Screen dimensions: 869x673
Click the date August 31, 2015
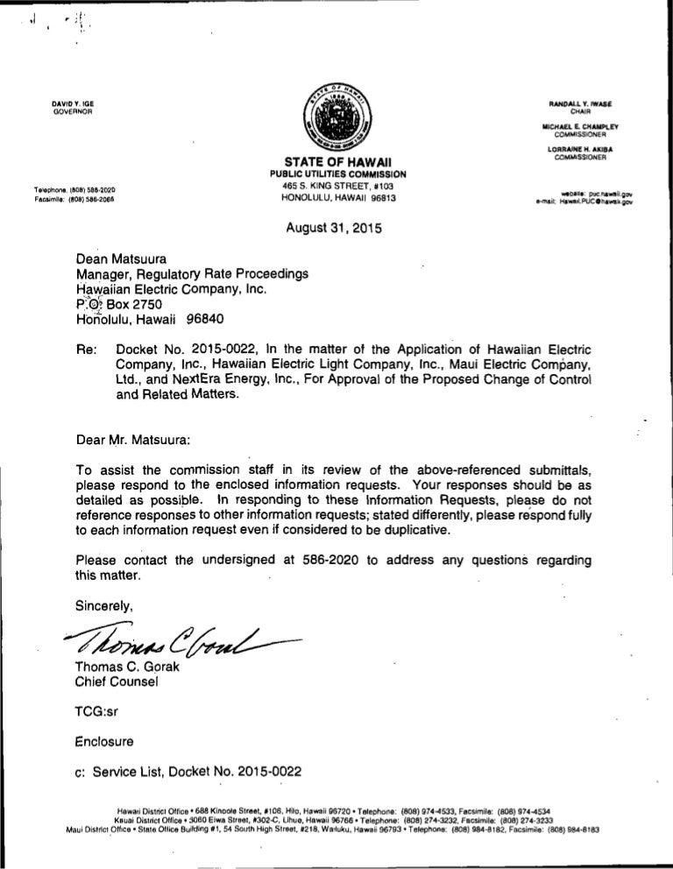click(336, 230)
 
